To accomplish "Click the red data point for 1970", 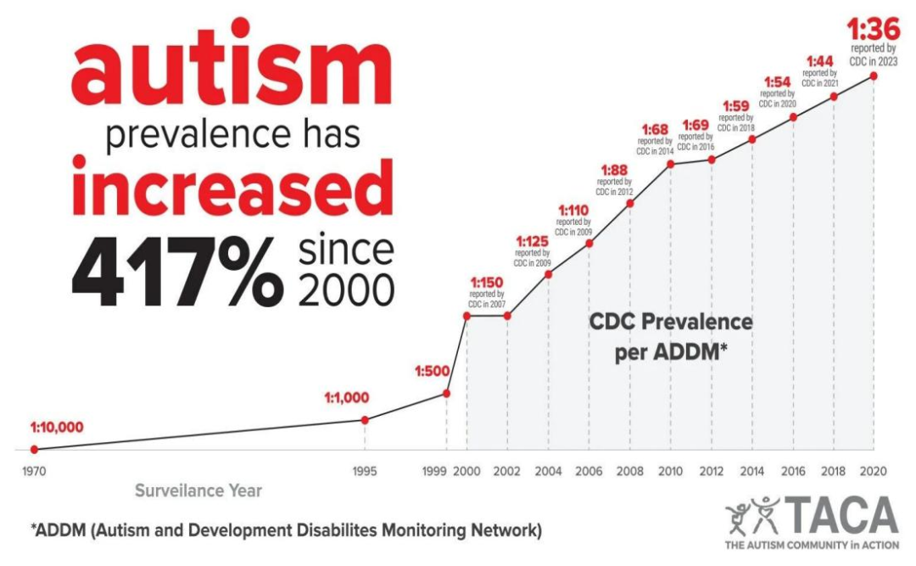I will tap(34, 449).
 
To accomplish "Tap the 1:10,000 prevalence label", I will tap(57, 428).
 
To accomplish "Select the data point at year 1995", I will tap(365, 420).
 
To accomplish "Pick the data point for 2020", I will tap(874, 76).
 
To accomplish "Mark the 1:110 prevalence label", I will tap(573, 210).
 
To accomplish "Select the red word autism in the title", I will tap(229, 72).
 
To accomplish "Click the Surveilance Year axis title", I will tap(198, 490).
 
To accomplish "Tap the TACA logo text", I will tap(843, 514).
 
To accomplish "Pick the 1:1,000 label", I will tap(349, 398).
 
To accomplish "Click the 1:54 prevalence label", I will tap(777, 81).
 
